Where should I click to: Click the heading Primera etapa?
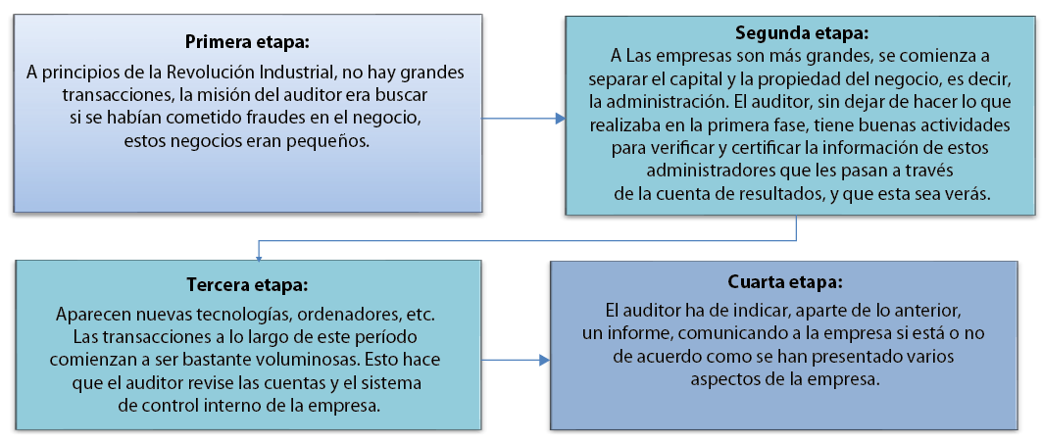[x=247, y=42]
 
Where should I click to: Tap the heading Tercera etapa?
[x=247, y=285]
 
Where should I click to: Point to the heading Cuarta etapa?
[x=785, y=281]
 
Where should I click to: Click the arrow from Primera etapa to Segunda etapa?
[x=524, y=119]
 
